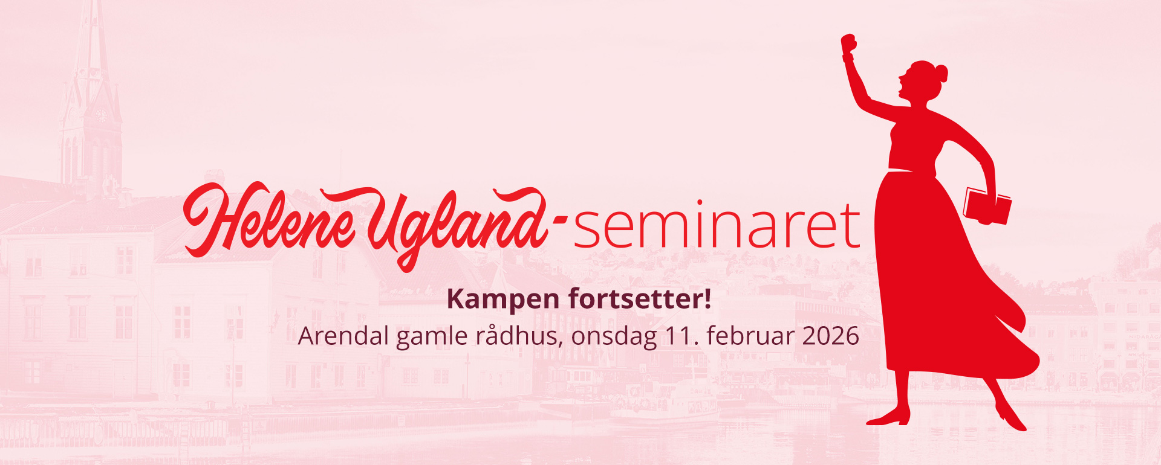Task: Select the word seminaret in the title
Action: tap(717, 225)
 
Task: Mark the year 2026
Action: tap(830, 336)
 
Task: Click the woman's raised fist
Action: tap(849, 44)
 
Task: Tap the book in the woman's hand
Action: tap(987, 206)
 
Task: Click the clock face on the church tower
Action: tap(101, 114)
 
